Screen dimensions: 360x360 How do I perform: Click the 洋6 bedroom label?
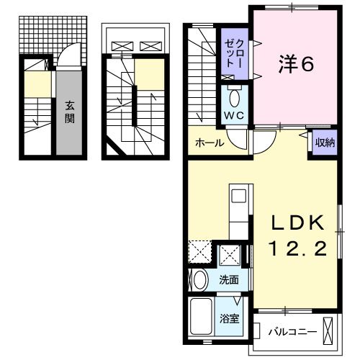pyautogui.click(x=295, y=65)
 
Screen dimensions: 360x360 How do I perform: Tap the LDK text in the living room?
pyautogui.click(x=297, y=222)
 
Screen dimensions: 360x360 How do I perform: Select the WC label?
pyautogui.click(x=233, y=115)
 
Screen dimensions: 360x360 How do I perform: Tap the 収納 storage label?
pyautogui.click(x=324, y=142)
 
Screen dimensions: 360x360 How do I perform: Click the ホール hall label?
pyautogui.click(x=209, y=143)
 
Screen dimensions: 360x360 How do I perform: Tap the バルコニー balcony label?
pyautogui.click(x=289, y=332)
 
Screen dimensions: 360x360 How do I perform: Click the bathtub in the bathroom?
pyautogui.click(x=202, y=315)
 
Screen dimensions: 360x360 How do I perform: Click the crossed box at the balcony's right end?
pyautogui.click(x=329, y=332)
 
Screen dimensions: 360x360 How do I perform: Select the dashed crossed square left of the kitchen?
pyautogui.click(x=199, y=253)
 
